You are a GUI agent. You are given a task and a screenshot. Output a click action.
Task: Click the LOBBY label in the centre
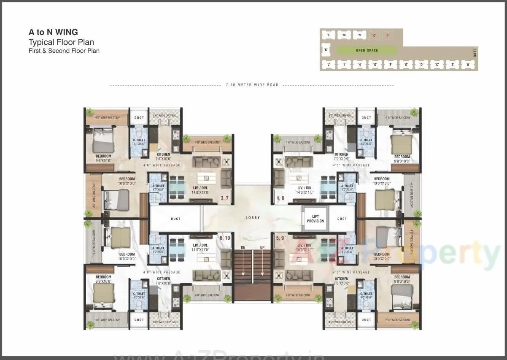253,218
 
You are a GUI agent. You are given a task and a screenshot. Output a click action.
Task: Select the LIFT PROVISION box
316,219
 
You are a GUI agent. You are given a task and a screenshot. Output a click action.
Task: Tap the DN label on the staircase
243,247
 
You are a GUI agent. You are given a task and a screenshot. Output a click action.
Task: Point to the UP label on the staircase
262,247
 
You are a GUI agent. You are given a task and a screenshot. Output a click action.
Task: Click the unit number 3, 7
224,198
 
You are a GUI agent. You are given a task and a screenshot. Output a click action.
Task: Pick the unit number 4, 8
280,198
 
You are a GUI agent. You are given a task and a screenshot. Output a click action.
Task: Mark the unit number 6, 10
224,238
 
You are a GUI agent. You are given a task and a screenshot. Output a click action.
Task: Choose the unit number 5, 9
280,238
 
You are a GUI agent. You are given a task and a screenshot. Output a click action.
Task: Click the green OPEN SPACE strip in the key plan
367,51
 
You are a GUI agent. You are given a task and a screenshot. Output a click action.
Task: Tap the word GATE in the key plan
475,53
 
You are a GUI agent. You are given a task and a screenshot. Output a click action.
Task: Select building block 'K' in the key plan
326,50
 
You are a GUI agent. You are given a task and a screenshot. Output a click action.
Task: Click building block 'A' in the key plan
467,65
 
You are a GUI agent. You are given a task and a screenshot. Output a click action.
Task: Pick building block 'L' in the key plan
328,35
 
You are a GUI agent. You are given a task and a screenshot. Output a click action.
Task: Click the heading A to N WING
53,32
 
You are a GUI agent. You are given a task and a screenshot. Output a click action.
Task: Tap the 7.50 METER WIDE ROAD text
252,85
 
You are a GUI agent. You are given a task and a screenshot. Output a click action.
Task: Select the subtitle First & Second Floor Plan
64,51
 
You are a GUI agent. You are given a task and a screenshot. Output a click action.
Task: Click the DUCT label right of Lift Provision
342,219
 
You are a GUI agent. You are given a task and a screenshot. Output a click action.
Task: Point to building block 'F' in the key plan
391,65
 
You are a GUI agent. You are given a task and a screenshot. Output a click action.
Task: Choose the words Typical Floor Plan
61,42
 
